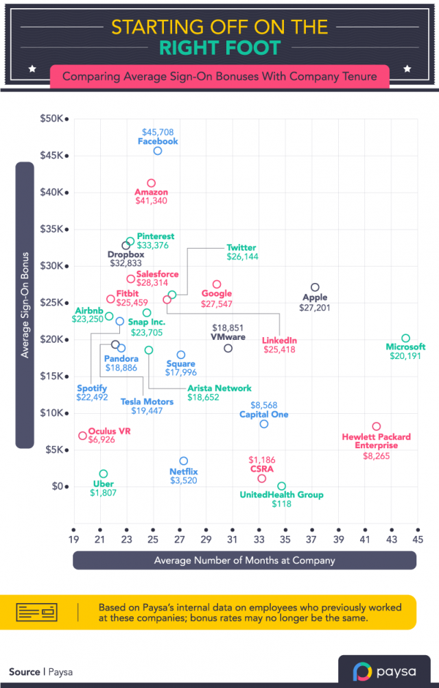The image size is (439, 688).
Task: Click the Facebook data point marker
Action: (x=158, y=151)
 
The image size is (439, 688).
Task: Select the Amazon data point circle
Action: (x=152, y=183)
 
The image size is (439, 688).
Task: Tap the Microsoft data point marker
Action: (x=405, y=338)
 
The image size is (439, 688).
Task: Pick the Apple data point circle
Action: (x=315, y=287)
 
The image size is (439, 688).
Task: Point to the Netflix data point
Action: (x=183, y=461)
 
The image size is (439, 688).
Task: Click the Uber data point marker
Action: (x=104, y=474)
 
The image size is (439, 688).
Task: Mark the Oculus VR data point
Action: (x=82, y=436)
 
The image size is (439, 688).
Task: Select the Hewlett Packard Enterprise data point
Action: (x=376, y=426)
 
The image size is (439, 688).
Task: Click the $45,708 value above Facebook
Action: (x=158, y=132)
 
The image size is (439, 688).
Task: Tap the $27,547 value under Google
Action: (x=217, y=303)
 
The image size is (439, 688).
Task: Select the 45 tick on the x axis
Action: (x=416, y=541)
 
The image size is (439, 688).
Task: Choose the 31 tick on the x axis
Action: (x=231, y=541)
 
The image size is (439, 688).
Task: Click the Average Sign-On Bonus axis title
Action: (x=25, y=304)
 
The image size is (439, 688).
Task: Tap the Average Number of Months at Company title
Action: (x=244, y=561)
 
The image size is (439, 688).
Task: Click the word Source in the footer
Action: (x=24, y=672)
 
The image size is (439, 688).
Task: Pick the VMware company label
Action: (x=228, y=336)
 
